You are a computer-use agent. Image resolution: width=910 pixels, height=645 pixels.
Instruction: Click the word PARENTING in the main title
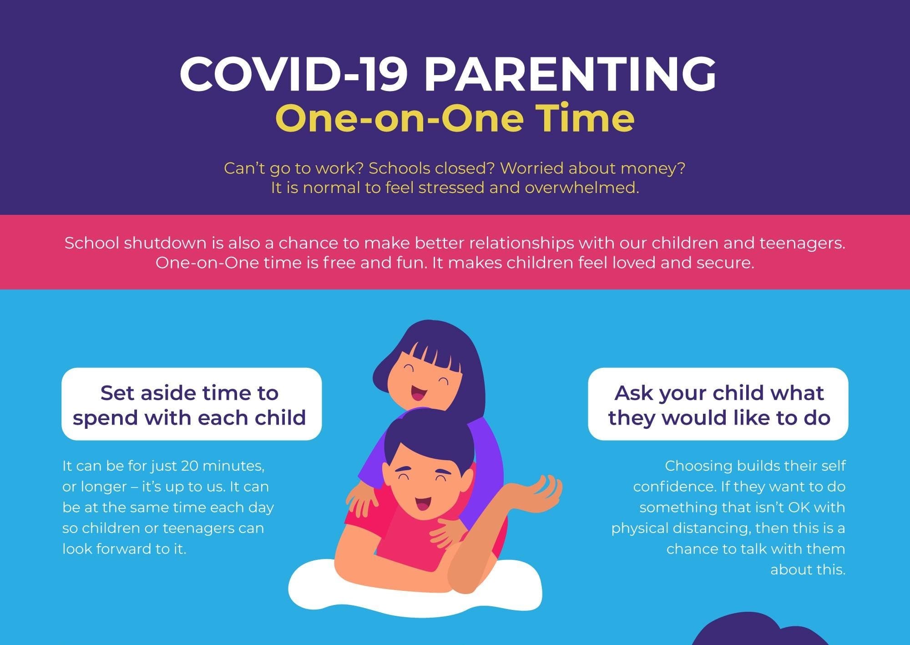pos(570,74)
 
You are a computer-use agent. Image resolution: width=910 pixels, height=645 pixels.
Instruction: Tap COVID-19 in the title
pos(293,74)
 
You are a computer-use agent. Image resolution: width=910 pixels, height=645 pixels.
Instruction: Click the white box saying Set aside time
pos(192,404)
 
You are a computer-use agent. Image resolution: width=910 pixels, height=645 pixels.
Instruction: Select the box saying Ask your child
pos(718,404)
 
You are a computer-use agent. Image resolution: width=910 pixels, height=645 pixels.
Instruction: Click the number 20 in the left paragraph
pos(190,466)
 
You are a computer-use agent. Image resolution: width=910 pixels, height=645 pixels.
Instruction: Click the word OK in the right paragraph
pos(799,508)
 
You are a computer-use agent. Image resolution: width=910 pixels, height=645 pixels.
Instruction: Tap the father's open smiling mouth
pos(422,504)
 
